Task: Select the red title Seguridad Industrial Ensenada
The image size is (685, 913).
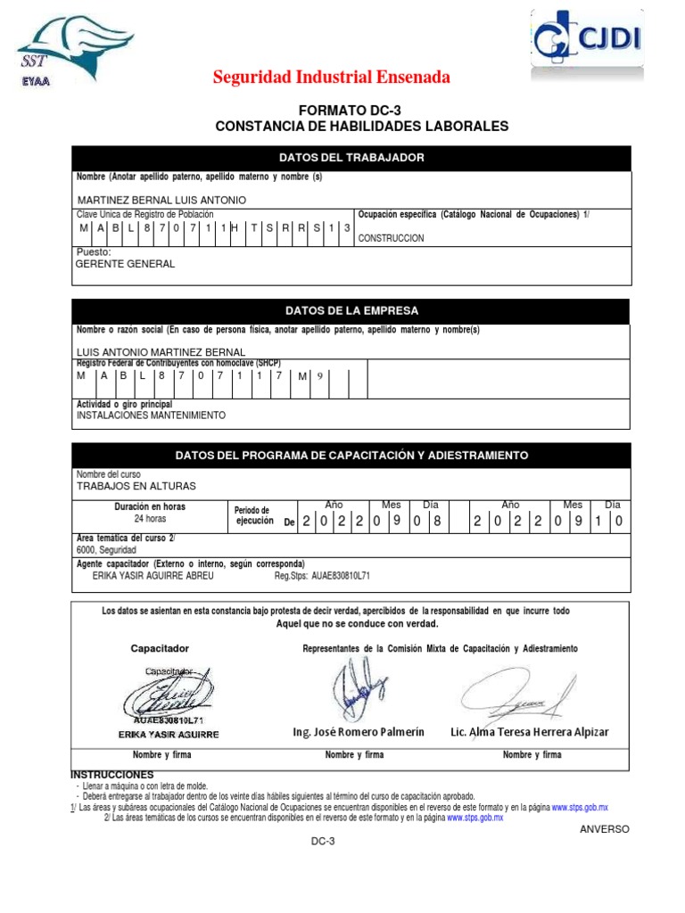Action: point(331,78)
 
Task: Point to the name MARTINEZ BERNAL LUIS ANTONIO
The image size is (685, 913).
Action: point(161,201)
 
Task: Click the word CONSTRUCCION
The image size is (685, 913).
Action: point(391,239)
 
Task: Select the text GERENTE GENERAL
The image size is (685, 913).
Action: point(126,264)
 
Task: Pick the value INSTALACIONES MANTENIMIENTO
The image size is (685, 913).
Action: point(151,415)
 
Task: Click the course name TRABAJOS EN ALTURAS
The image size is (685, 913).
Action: point(136,486)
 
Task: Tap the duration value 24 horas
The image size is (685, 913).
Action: point(150,519)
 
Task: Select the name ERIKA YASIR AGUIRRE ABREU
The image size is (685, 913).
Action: point(153,576)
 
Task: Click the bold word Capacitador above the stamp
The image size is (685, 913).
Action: point(160,648)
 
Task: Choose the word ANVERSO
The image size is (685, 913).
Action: point(604,829)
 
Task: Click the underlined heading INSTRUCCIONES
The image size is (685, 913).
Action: point(111,775)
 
